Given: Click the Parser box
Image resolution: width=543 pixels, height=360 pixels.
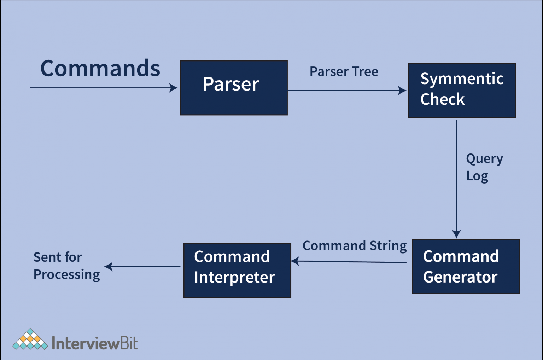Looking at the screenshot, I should [234, 88].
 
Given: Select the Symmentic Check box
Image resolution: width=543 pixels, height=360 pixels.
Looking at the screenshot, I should [462, 91].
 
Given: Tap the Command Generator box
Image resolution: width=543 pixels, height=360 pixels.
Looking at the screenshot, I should [466, 267].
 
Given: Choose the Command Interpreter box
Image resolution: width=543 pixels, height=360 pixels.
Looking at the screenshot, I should [237, 271].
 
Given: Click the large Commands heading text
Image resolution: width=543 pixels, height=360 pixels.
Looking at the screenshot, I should [100, 68].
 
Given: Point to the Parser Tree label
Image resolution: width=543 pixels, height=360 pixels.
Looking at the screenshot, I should [344, 72].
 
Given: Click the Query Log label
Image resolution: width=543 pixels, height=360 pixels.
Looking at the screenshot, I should [484, 167].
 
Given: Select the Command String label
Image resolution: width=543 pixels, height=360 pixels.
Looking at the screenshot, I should [354, 246].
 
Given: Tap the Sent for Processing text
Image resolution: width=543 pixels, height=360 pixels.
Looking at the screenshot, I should [66, 266].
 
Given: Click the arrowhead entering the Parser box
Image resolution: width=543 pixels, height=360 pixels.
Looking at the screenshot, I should [174, 88].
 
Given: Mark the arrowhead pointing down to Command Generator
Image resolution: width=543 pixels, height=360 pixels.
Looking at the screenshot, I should [456, 234].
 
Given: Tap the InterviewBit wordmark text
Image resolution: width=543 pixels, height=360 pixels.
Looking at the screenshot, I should [94, 343].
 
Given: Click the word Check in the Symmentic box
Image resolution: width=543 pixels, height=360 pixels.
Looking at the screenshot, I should [442, 99].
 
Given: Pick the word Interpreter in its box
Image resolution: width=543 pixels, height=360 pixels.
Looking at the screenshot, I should [234, 278].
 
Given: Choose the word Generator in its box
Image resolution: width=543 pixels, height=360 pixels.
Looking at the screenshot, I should [460, 277].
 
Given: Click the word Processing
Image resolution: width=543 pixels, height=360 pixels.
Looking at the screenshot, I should [66, 275].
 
